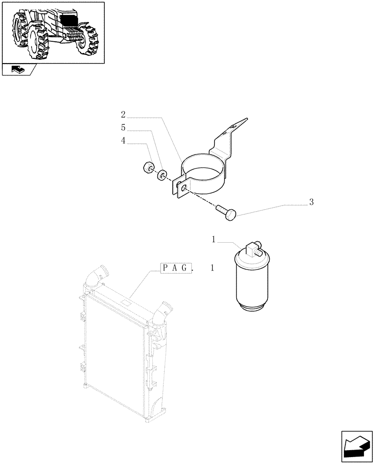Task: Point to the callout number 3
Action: (x=311, y=202)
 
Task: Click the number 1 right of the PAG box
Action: (x=213, y=269)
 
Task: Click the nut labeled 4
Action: (x=149, y=168)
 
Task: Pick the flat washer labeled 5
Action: (x=162, y=175)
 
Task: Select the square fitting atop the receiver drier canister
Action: (x=254, y=248)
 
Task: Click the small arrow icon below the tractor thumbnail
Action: (x=18, y=70)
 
